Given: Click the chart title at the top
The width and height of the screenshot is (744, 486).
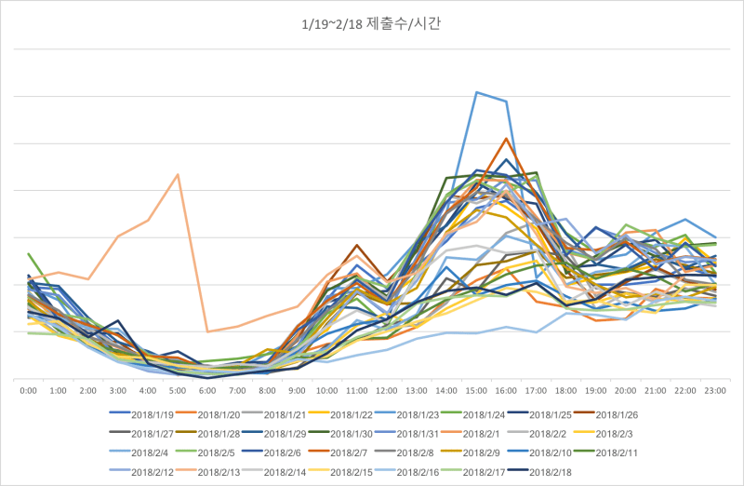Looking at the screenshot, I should point(372,23).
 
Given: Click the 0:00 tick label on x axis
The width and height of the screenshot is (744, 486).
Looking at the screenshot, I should point(28,392).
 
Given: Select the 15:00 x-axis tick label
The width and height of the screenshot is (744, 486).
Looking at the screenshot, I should point(476,392).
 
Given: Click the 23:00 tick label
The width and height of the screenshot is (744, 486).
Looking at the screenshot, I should point(715,392).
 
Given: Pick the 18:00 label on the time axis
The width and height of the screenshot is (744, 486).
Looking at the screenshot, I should point(565,392).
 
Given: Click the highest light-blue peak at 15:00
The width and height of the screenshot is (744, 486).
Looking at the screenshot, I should point(476,92).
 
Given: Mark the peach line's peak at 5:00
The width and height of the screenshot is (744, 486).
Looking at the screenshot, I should point(178,174).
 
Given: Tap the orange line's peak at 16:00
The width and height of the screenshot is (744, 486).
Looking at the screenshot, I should point(506,139).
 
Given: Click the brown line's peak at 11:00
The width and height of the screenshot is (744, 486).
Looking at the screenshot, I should point(356,245).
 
